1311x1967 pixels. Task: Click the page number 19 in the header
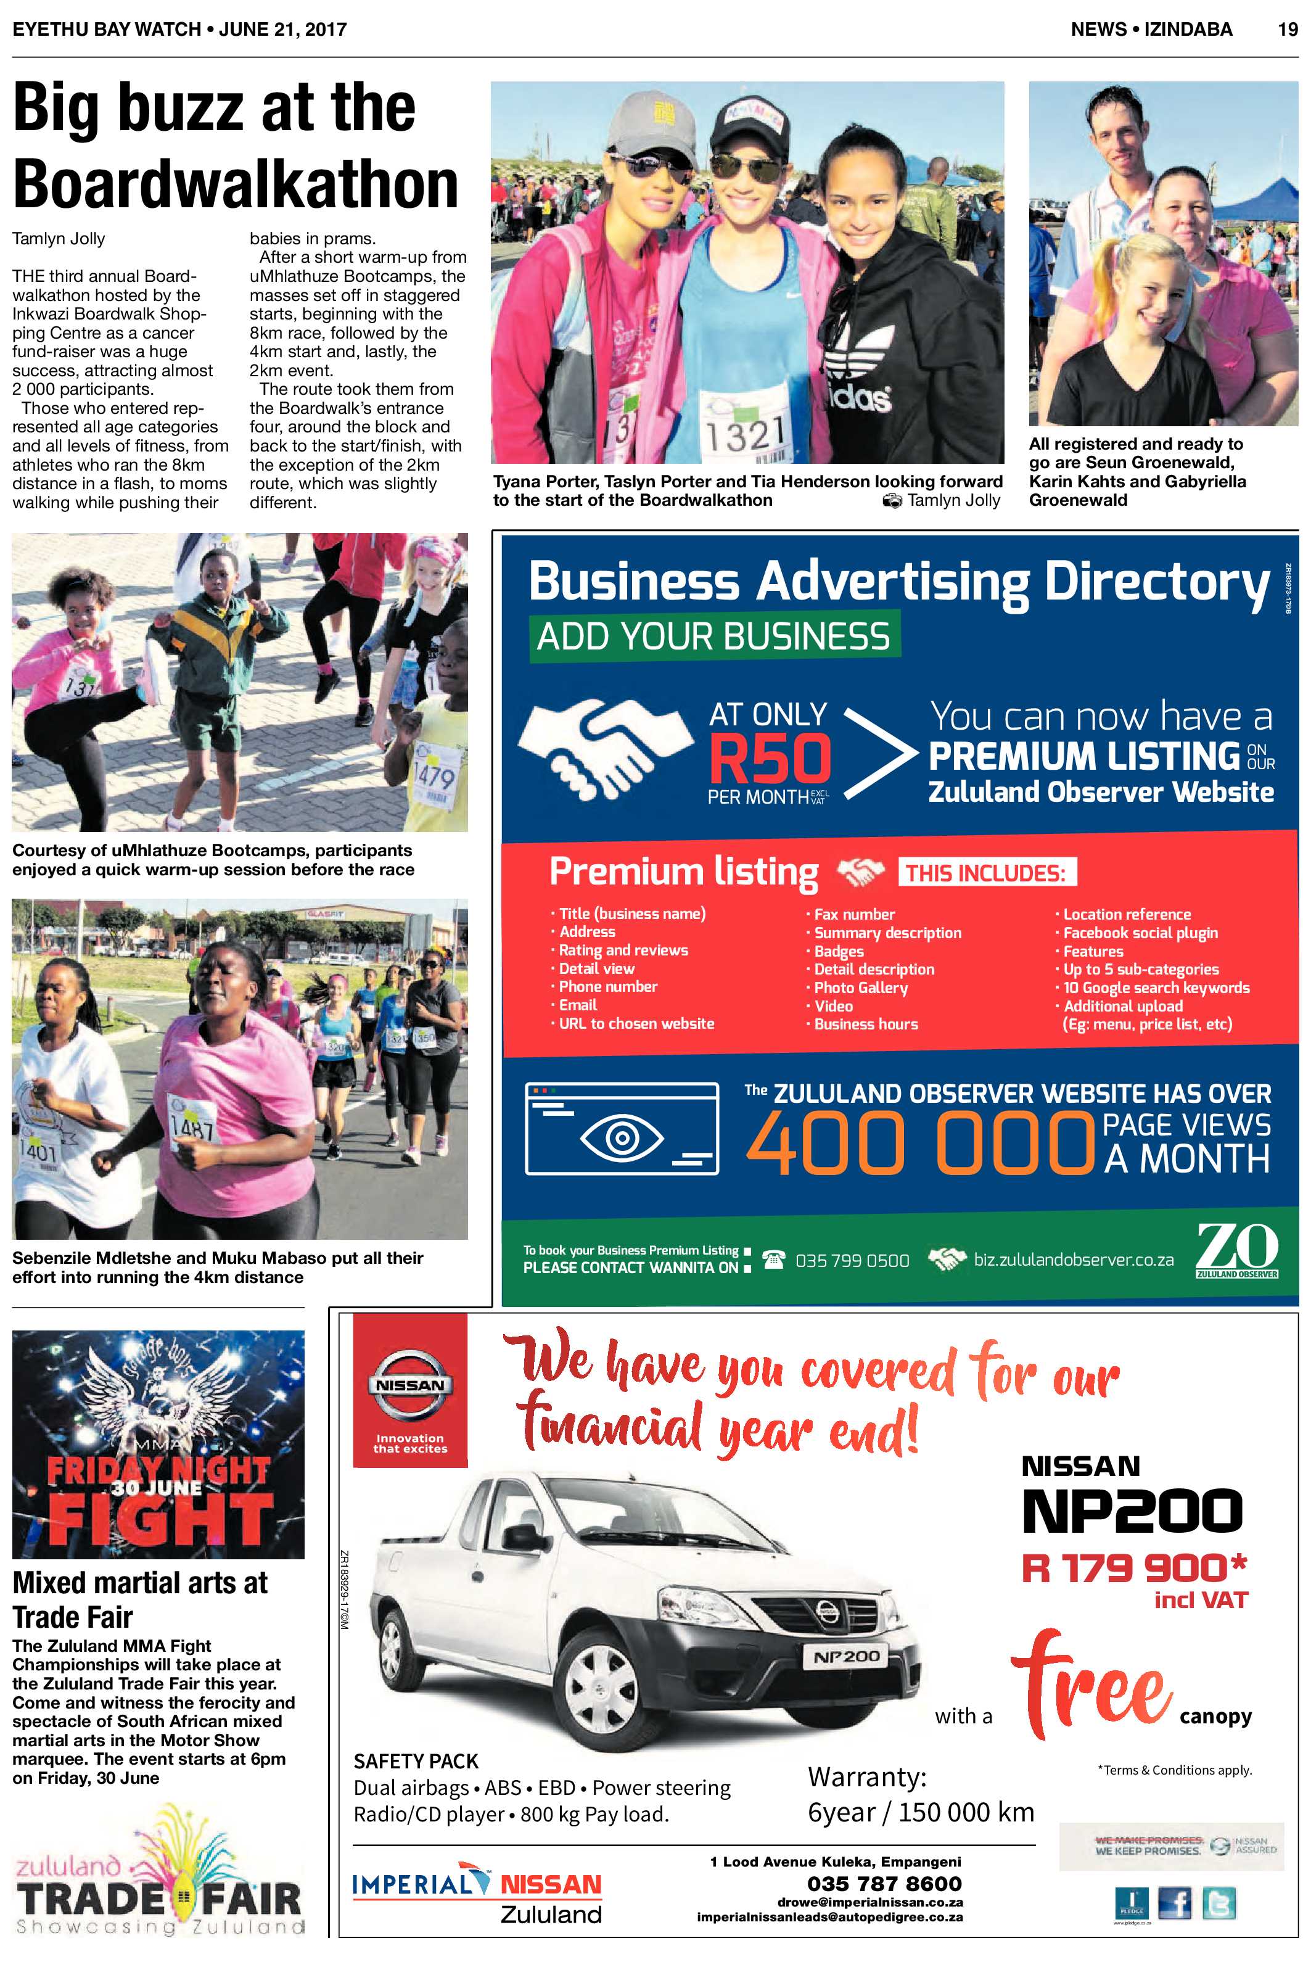(x=1287, y=29)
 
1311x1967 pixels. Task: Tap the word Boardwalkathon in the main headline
(x=236, y=183)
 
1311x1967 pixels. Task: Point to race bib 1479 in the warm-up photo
(x=435, y=778)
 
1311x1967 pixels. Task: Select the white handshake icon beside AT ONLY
(x=604, y=738)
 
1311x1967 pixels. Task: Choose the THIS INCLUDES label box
(x=986, y=873)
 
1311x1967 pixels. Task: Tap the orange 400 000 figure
(x=919, y=1143)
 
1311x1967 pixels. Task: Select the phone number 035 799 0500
(x=852, y=1260)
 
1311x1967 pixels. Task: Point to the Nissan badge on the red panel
(x=409, y=1385)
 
